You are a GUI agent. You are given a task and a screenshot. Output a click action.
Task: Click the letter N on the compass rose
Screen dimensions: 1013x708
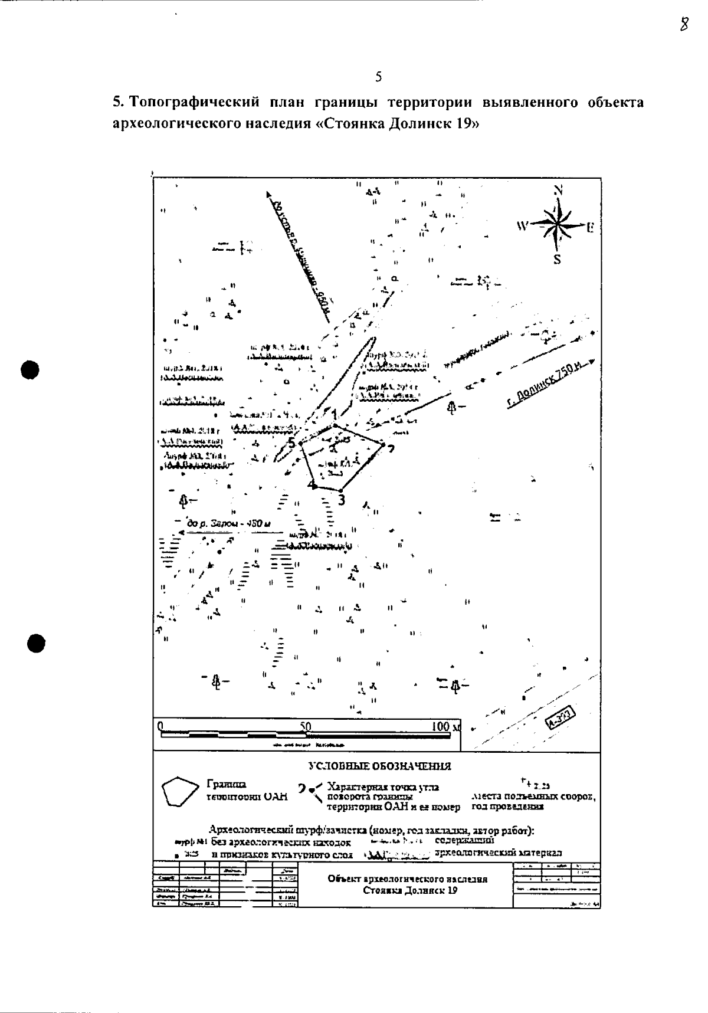pyautogui.click(x=559, y=191)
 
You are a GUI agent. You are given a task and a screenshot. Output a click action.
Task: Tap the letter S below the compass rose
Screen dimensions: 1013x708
pyautogui.click(x=557, y=260)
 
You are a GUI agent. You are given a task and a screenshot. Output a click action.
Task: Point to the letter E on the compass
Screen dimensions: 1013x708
pyautogui.click(x=589, y=227)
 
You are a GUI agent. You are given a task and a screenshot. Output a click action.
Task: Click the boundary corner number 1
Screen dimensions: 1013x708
pyautogui.click(x=334, y=414)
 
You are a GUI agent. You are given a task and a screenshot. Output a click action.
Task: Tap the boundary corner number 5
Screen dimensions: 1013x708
pyautogui.click(x=291, y=443)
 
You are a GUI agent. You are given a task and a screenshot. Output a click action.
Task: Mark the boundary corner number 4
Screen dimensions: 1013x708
pyautogui.click(x=310, y=485)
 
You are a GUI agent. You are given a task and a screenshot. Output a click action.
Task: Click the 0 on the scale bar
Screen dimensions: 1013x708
pyautogui.click(x=160, y=726)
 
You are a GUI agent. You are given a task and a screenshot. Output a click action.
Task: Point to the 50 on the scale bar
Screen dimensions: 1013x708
pyautogui.click(x=306, y=726)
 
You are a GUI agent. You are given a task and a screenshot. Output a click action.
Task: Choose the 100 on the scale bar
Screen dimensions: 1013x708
pyautogui.click(x=441, y=726)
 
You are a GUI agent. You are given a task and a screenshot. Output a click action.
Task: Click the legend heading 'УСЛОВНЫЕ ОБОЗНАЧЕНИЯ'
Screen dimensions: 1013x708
pyautogui.click(x=380, y=766)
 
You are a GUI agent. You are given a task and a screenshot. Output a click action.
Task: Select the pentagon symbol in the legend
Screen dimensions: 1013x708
pyautogui.click(x=179, y=792)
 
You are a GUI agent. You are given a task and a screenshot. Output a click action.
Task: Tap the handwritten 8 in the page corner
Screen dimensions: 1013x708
pyautogui.click(x=684, y=25)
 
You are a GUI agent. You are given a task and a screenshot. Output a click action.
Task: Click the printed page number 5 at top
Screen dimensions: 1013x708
pyautogui.click(x=378, y=77)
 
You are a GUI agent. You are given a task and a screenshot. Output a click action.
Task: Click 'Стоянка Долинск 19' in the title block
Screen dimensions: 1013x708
pyautogui.click(x=409, y=891)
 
